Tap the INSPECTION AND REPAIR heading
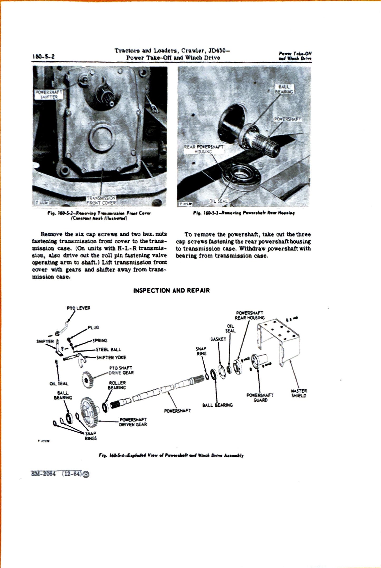(171, 291)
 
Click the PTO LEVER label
(79, 308)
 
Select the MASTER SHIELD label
(299, 393)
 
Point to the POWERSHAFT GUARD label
(260, 398)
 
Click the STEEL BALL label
(109, 350)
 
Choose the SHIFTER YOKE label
(111, 358)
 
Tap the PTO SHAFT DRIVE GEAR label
(121, 370)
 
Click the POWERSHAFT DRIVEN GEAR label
(133, 422)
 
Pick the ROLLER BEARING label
(117, 385)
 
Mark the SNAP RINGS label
(91, 436)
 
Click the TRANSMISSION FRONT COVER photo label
(102, 200)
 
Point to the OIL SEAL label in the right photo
(218, 201)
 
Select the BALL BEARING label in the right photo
(284, 89)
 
